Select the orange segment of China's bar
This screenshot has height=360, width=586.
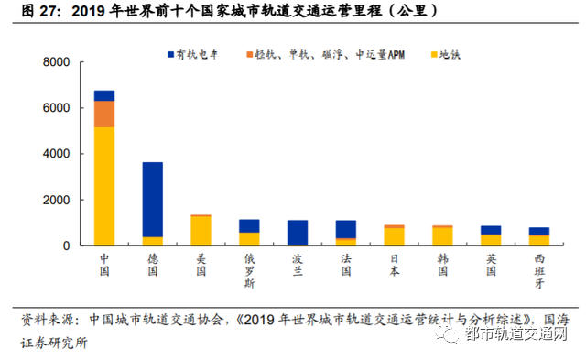[104, 114]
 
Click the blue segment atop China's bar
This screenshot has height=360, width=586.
[104, 95]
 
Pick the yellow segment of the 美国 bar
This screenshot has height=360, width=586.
[201, 231]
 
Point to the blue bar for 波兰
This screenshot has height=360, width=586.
[298, 233]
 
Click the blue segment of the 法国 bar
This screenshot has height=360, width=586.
[345, 229]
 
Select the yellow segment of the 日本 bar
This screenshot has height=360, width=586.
[394, 236]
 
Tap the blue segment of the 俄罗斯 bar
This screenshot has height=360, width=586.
[249, 225]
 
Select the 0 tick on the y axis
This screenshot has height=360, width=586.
[66, 245]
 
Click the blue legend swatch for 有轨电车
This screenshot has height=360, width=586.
[171, 56]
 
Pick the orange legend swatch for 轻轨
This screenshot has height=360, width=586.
[250, 56]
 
